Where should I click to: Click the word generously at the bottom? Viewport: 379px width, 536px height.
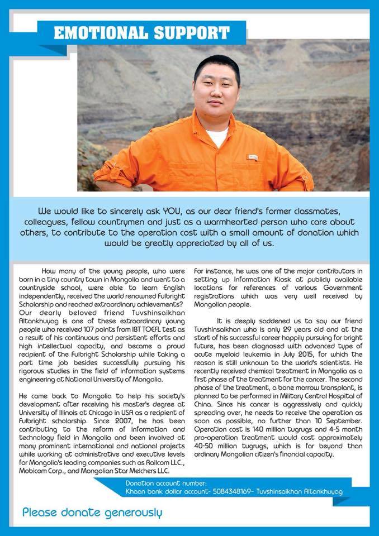(x=130, y=512)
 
